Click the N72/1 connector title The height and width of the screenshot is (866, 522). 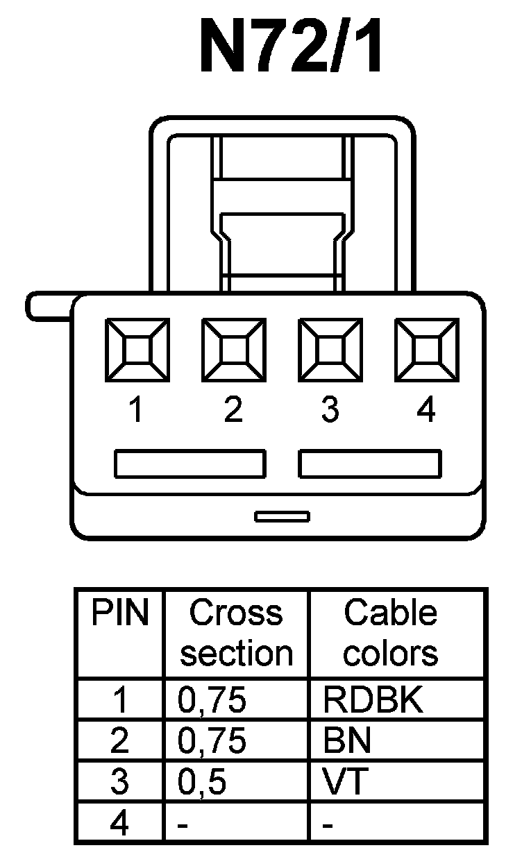pos(291,47)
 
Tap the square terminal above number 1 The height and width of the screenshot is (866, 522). pos(137,350)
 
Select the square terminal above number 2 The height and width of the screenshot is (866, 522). pos(233,350)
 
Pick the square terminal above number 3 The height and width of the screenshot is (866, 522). pos(330,350)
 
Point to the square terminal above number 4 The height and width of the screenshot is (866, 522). pos(426,350)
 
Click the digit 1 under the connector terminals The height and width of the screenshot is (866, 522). pos(137,410)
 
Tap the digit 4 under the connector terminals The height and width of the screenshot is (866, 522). pos(426,410)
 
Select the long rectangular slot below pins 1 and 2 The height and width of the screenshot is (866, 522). pos(190,464)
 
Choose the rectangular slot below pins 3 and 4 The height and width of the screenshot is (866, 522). pos(369,464)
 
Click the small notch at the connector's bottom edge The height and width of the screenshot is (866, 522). pos(282,516)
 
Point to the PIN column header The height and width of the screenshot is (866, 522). pos(120,613)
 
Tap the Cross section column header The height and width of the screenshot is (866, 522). pos(236,633)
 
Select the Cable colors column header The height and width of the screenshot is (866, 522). pos(391,633)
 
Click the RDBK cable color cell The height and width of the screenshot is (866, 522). pos(372,702)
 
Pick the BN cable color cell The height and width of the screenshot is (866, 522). pos(347,742)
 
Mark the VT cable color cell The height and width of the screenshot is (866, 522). pos(344,782)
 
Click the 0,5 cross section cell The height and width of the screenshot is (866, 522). pos(202,782)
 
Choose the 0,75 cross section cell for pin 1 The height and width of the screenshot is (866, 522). pos(212,702)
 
